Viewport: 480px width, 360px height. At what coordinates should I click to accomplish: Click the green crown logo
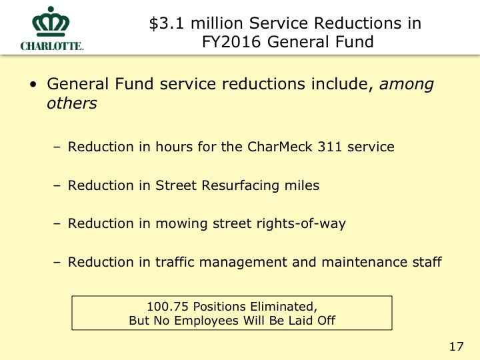coord(51,21)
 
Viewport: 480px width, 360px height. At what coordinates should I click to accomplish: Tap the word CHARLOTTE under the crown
coord(52,46)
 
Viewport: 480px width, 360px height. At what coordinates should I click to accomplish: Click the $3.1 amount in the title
coord(167,23)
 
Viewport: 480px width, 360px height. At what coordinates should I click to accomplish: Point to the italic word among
coord(407,84)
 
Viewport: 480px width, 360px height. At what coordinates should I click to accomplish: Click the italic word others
coord(72,103)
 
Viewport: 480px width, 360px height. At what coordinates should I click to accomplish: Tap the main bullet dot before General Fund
coord(33,85)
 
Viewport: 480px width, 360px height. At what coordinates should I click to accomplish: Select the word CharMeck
coord(280,147)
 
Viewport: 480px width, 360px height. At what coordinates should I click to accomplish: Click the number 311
coord(329,147)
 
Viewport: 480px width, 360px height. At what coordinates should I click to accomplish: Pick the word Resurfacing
coord(240,185)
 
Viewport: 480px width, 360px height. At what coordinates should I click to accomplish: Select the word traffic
coord(175,262)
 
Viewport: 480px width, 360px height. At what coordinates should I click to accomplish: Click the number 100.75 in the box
coord(167,307)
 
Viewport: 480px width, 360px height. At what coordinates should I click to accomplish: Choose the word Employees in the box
coord(206,321)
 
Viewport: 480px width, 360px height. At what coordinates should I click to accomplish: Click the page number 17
coord(456,347)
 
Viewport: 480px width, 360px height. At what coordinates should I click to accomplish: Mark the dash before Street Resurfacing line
coord(57,186)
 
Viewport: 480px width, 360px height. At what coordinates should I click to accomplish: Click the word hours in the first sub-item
coord(173,147)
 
